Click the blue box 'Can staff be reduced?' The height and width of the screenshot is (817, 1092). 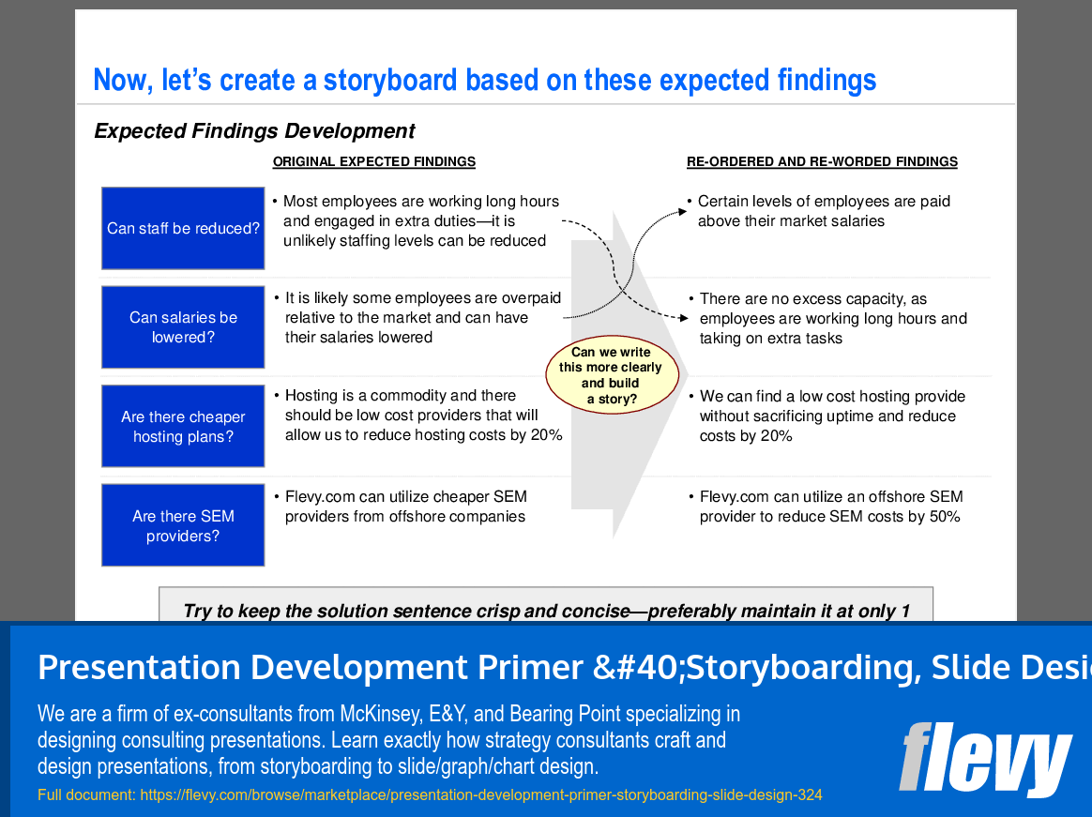pyautogui.click(x=183, y=228)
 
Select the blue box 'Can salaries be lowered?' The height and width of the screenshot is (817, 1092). pyautogui.click(x=183, y=327)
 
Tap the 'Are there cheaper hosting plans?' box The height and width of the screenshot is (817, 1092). pyautogui.click(x=183, y=427)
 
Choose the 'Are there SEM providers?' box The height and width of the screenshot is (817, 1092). pyautogui.click(x=183, y=526)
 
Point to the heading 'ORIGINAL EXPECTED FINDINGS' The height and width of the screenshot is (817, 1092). pyautogui.click(x=373, y=161)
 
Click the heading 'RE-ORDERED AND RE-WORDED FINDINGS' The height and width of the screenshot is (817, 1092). pyautogui.click(x=822, y=161)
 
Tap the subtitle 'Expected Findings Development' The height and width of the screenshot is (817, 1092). pyautogui.click(x=254, y=131)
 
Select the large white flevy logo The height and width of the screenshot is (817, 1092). pyautogui.click(x=984, y=759)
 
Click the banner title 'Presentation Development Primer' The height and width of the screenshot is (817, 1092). pyautogui.click(x=310, y=667)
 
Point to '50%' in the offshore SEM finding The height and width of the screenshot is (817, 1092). pyautogui.click(x=943, y=517)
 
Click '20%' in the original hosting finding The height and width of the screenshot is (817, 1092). pyautogui.click(x=545, y=435)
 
